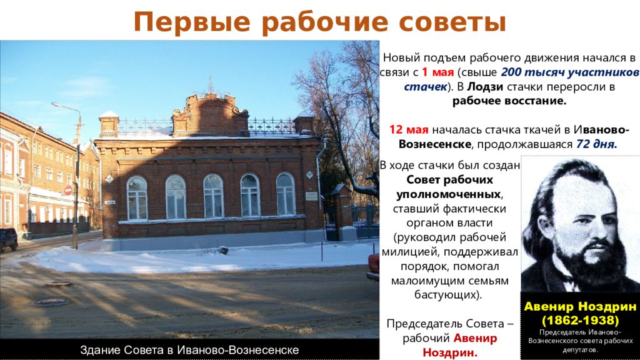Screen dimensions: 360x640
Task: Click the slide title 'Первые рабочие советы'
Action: tap(319, 22)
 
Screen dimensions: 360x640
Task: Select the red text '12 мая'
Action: tap(409, 129)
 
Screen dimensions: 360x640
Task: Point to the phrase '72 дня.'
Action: tap(597, 144)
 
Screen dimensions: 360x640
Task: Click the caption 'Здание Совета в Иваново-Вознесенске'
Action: tap(189, 350)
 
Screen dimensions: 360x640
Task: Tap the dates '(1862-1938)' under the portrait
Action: tap(579, 320)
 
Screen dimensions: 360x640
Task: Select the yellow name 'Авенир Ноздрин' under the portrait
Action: tap(579, 307)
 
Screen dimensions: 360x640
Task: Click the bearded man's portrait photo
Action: tap(579, 223)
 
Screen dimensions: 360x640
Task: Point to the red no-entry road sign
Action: tap(68, 190)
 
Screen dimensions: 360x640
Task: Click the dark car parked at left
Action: tap(8, 239)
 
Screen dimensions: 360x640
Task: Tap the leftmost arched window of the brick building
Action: tap(137, 197)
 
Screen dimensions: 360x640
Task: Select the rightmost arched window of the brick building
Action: tap(286, 194)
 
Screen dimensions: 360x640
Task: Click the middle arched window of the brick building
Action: tap(213, 196)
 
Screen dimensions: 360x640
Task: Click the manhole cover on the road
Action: tap(51, 302)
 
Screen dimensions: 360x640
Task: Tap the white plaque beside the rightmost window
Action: tap(311, 196)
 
